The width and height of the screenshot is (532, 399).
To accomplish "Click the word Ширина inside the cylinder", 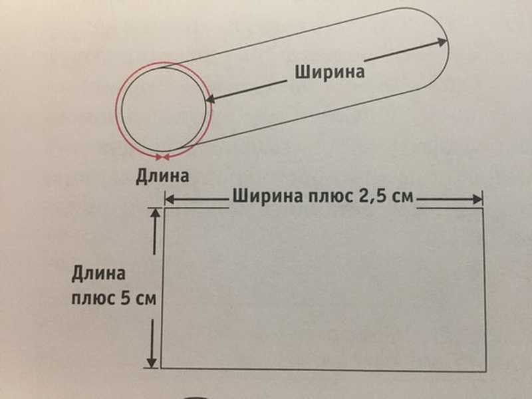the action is point(329,72).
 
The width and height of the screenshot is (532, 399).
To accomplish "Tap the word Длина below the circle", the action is point(162,176).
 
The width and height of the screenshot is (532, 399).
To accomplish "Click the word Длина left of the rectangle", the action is point(98,273).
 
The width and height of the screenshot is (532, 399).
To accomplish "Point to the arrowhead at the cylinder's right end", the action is point(441,42).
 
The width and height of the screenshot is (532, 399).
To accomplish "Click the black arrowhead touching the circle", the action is point(211,98).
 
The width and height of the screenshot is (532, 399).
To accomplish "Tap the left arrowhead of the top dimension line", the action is point(170,199).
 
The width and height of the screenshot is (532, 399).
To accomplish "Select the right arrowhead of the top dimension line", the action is point(477,199).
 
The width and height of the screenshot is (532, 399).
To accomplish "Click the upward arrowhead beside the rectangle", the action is point(155,213).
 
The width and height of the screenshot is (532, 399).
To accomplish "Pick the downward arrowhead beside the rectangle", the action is point(152,362).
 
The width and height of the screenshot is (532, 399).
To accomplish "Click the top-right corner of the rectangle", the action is point(483,209).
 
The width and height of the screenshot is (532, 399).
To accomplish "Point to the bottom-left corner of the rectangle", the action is point(161,368).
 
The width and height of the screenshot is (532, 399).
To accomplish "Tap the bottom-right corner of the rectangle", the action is point(486,372).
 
